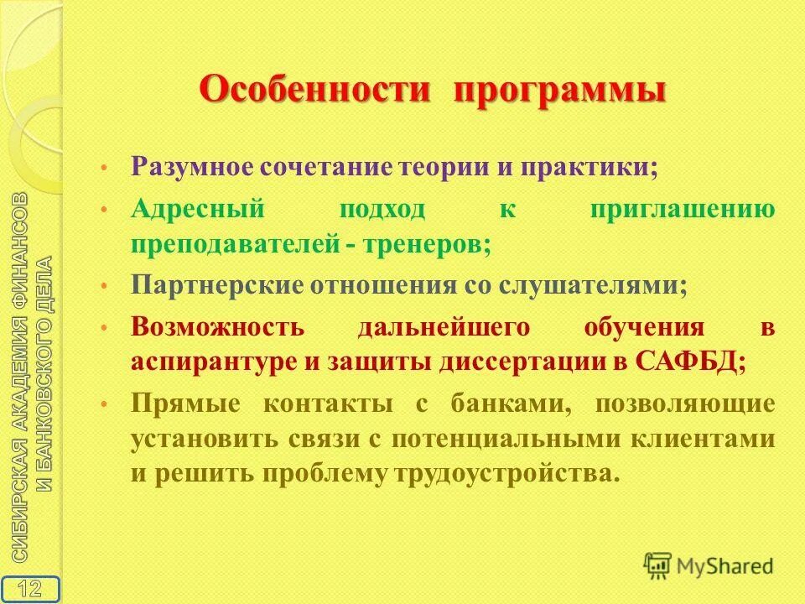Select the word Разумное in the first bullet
pyautogui.click(x=190, y=165)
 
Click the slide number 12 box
pyautogui.click(x=29, y=587)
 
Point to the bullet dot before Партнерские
pyautogui.click(x=103, y=286)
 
